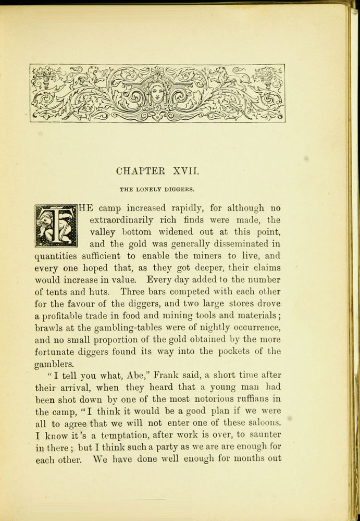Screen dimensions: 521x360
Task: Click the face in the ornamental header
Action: click(157, 93)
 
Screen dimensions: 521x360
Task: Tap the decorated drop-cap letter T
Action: click(56, 226)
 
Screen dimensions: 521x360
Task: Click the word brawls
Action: click(48, 328)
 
